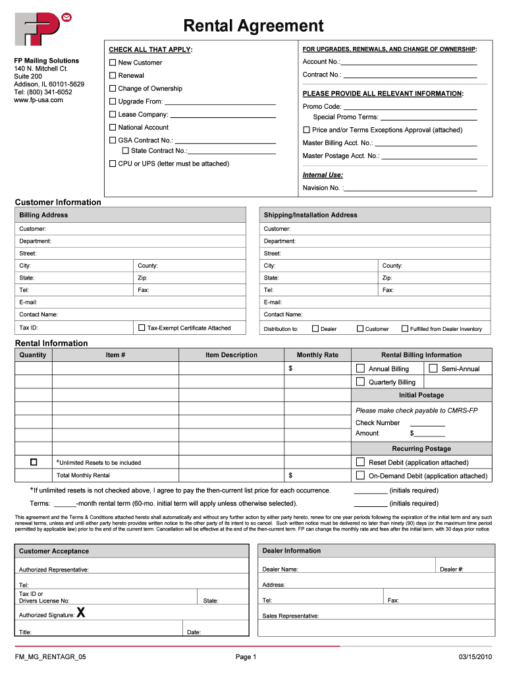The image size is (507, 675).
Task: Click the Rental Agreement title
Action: point(254,26)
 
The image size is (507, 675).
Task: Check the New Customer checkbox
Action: point(113,63)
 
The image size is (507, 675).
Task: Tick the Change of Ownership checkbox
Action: point(113,88)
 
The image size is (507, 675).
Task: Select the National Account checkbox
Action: point(113,127)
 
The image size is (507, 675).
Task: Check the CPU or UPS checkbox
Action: point(113,163)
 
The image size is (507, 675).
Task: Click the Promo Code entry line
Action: point(410,107)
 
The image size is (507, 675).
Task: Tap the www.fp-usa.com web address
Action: point(38,100)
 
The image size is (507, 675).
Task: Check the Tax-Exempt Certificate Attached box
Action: point(142,328)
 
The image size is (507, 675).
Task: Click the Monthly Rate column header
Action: point(317,355)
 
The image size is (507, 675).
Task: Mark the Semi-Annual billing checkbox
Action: point(433,368)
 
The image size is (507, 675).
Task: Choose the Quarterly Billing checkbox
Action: point(360,382)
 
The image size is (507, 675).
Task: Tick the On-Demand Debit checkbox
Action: point(360,475)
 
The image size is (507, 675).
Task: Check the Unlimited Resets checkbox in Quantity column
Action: point(34,462)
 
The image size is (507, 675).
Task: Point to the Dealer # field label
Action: point(451,570)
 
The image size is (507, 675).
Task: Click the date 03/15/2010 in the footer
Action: point(475,657)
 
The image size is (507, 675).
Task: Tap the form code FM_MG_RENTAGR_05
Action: point(51,657)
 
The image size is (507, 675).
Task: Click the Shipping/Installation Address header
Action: point(310,215)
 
